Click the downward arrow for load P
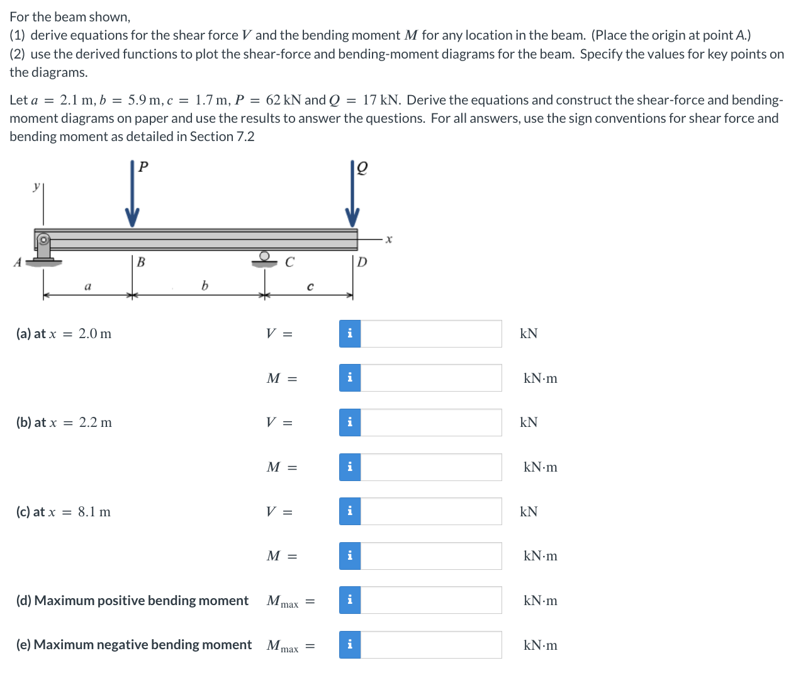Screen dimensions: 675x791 point(132,195)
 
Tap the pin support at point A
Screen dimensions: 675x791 point(43,247)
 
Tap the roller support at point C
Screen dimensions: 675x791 point(264,258)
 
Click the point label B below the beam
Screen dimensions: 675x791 point(141,262)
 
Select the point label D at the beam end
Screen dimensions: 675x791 point(362,262)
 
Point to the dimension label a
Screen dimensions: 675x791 point(87,286)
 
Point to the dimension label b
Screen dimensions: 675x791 point(205,286)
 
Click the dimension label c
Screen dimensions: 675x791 point(310,287)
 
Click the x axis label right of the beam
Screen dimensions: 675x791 point(389,239)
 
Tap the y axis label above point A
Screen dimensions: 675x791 point(36,186)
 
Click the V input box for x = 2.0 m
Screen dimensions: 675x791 point(431,334)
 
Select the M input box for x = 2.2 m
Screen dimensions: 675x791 point(431,467)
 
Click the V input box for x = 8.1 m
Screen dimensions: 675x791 point(431,511)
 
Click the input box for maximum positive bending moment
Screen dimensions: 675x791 point(431,600)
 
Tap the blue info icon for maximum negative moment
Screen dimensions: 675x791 point(350,645)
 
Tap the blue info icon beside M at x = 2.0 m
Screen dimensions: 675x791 point(350,378)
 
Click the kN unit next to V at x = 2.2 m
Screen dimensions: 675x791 point(529,423)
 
